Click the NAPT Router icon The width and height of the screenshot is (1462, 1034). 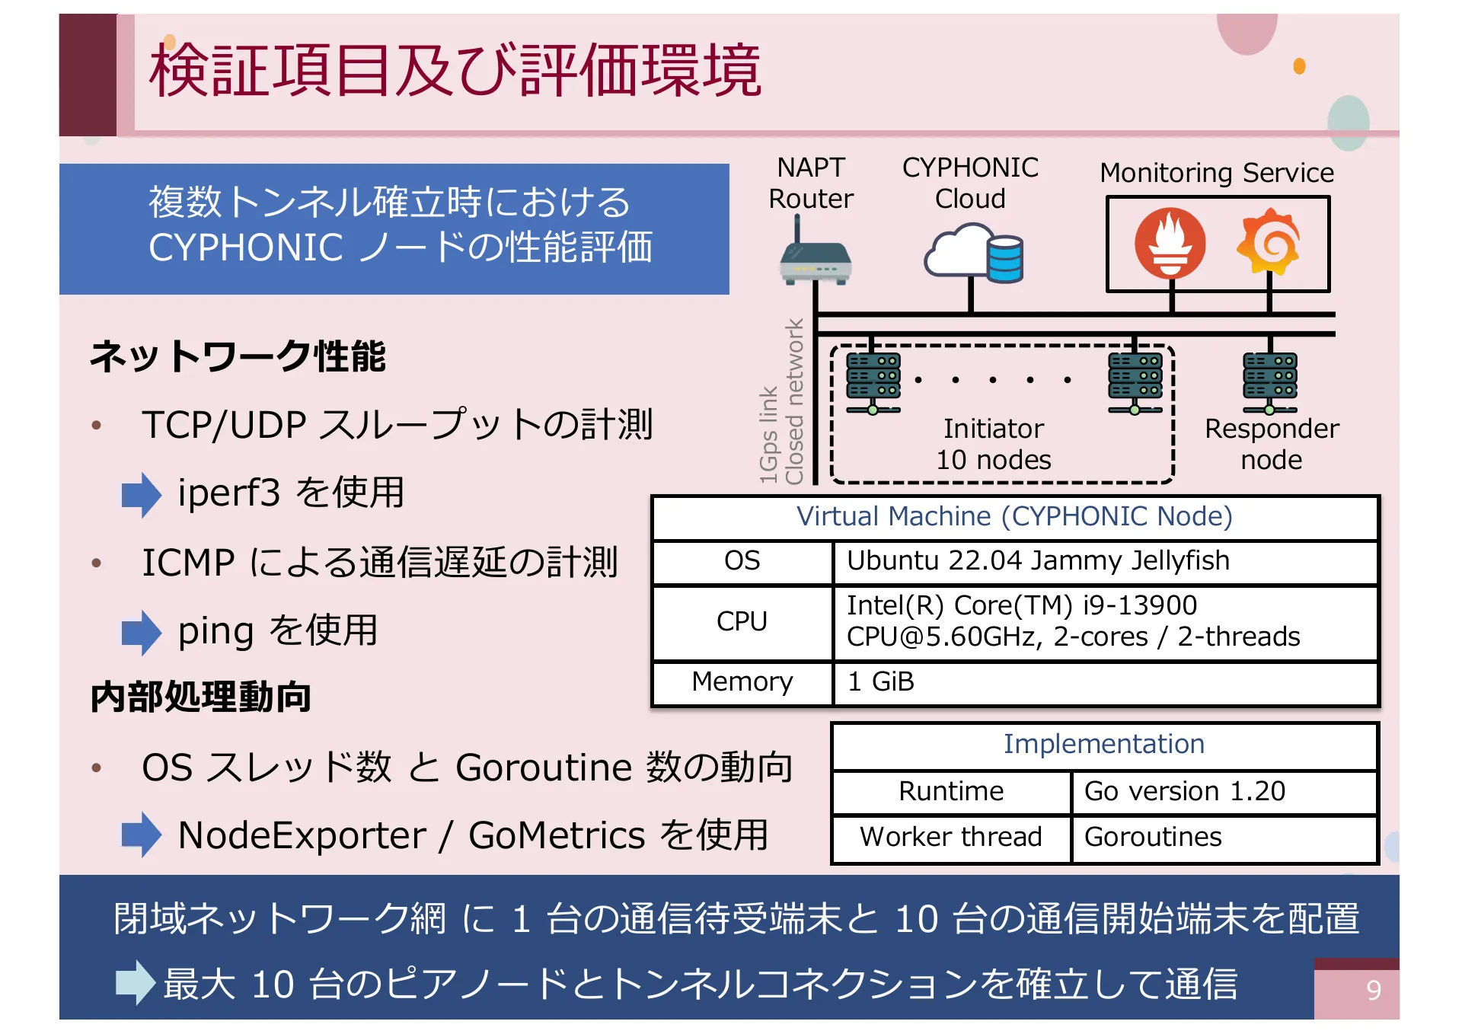click(x=815, y=259)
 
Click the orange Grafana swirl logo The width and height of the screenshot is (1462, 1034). click(x=1268, y=241)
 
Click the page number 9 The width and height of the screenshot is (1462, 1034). click(x=1373, y=990)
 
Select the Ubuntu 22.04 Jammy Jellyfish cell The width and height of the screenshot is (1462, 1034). click(x=1104, y=562)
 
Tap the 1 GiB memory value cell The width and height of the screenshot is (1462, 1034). click(x=1104, y=682)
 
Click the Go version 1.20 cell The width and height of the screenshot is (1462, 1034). click(x=1223, y=792)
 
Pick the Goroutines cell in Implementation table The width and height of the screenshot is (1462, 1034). click(x=1223, y=838)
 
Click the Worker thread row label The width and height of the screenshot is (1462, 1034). click(x=950, y=838)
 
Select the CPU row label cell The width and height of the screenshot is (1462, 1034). click(x=742, y=622)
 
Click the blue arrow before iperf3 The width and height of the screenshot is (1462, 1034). click(x=142, y=494)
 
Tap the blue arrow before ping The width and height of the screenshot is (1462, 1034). click(x=142, y=632)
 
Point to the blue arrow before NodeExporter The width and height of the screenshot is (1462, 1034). click(x=142, y=835)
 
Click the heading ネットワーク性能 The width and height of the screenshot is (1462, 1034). click(x=238, y=356)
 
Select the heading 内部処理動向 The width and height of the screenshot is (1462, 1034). click(x=201, y=697)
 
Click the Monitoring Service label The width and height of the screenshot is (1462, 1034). click(x=1216, y=173)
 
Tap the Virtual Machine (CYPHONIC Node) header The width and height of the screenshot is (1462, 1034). click(x=1014, y=517)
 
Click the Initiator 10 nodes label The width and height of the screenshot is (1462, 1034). click(x=993, y=445)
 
